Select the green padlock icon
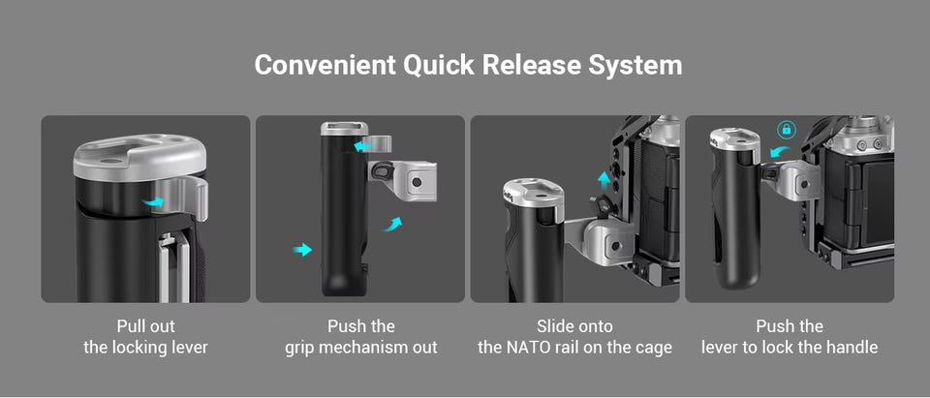pos(787,129)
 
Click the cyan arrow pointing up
pos(604,180)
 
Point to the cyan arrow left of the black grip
pos(302,249)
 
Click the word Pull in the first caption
pos(131,326)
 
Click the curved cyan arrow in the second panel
pos(391,225)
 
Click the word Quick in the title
pos(439,65)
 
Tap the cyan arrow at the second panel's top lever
pos(361,145)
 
